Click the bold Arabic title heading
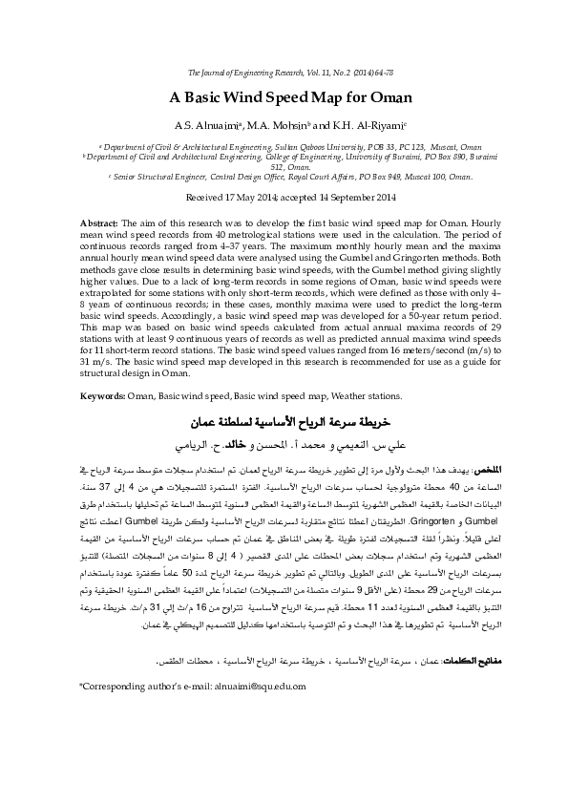(x=284, y=421)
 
